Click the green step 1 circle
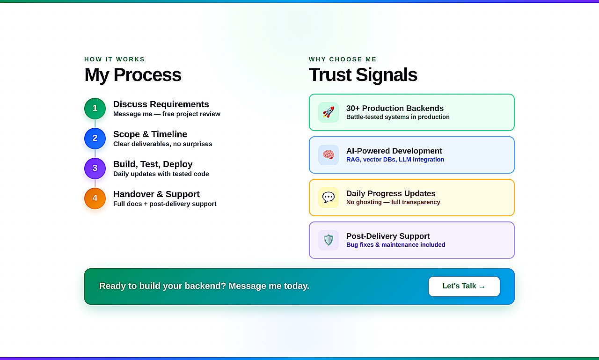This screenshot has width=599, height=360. click(95, 108)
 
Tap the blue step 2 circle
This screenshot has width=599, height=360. click(95, 138)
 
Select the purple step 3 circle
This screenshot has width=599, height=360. click(95, 168)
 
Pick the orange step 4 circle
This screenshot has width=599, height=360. click(95, 198)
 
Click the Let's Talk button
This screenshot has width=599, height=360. click(464, 286)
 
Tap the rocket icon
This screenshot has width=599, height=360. click(329, 112)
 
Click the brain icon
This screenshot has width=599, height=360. click(329, 154)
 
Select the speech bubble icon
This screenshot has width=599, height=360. click(329, 198)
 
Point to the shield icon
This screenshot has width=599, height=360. click(329, 240)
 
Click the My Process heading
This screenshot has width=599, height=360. click(133, 75)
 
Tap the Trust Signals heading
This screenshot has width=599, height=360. click(363, 75)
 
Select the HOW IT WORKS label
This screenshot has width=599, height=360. click(115, 59)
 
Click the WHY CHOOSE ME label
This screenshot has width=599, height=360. click(343, 59)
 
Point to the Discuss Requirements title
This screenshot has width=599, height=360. click(161, 104)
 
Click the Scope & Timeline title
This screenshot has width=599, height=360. click(150, 134)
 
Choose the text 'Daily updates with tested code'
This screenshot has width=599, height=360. click(161, 174)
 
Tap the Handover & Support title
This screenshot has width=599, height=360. click(156, 194)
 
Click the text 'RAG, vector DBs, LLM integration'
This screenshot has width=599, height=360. click(395, 160)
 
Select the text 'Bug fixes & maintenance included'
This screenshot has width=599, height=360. click(396, 245)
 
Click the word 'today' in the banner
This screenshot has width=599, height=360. click(297, 286)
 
